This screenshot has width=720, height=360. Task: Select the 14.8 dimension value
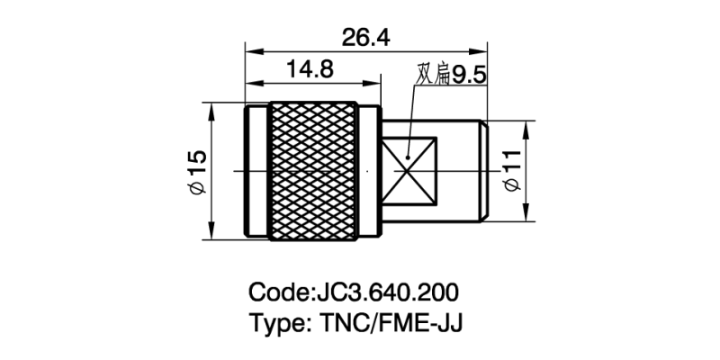310,68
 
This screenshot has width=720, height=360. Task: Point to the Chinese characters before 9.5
432,75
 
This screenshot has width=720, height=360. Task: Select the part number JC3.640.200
386,292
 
